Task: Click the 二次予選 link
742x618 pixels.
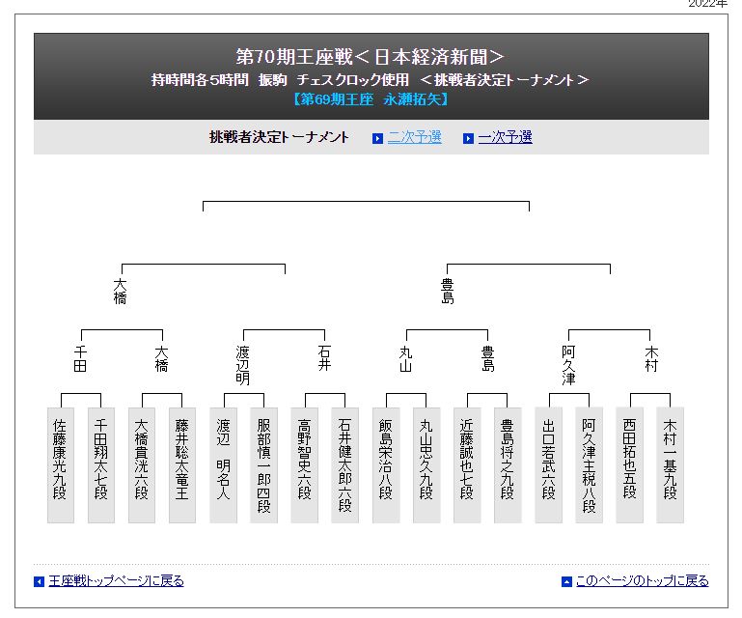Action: pos(414,137)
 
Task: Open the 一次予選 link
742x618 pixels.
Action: pos(505,137)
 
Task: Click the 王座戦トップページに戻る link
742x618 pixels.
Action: pos(116,581)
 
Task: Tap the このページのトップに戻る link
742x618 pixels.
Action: pos(643,581)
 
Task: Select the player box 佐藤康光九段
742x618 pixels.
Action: pos(61,465)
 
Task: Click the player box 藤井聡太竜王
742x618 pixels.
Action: pos(182,465)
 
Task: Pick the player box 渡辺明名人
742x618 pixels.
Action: pos(223,465)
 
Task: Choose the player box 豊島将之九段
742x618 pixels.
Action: pos(508,465)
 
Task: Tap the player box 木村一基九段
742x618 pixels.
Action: pos(670,465)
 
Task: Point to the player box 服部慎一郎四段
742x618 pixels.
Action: pos(263,465)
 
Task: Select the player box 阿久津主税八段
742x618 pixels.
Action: pos(589,465)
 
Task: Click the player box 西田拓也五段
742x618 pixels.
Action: pos(629,465)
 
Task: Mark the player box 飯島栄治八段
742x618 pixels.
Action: pos(386,465)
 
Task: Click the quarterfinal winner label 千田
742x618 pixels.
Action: pos(80,358)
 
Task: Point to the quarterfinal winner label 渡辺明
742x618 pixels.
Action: pos(243,365)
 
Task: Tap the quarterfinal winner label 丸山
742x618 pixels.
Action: pos(405,358)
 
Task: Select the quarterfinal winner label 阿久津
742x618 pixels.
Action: pos(568,365)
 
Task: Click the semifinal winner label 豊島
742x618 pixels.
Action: pos(447,292)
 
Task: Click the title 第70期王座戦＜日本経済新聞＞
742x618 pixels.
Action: pos(371,57)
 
